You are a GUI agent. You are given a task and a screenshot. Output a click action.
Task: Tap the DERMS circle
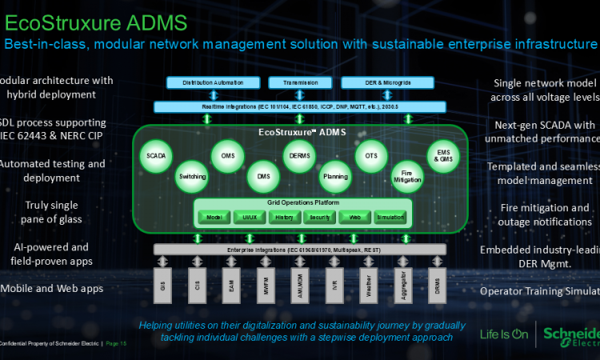[x=299, y=155]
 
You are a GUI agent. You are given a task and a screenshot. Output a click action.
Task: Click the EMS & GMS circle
[x=443, y=155]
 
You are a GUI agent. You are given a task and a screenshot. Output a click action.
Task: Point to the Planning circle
[x=334, y=174]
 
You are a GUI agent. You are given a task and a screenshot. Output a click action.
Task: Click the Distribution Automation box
[x=208, y=83]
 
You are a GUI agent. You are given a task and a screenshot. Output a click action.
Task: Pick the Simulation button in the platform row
[x=390, y=217]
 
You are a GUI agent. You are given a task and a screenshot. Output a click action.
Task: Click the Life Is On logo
[x=503, y=334]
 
